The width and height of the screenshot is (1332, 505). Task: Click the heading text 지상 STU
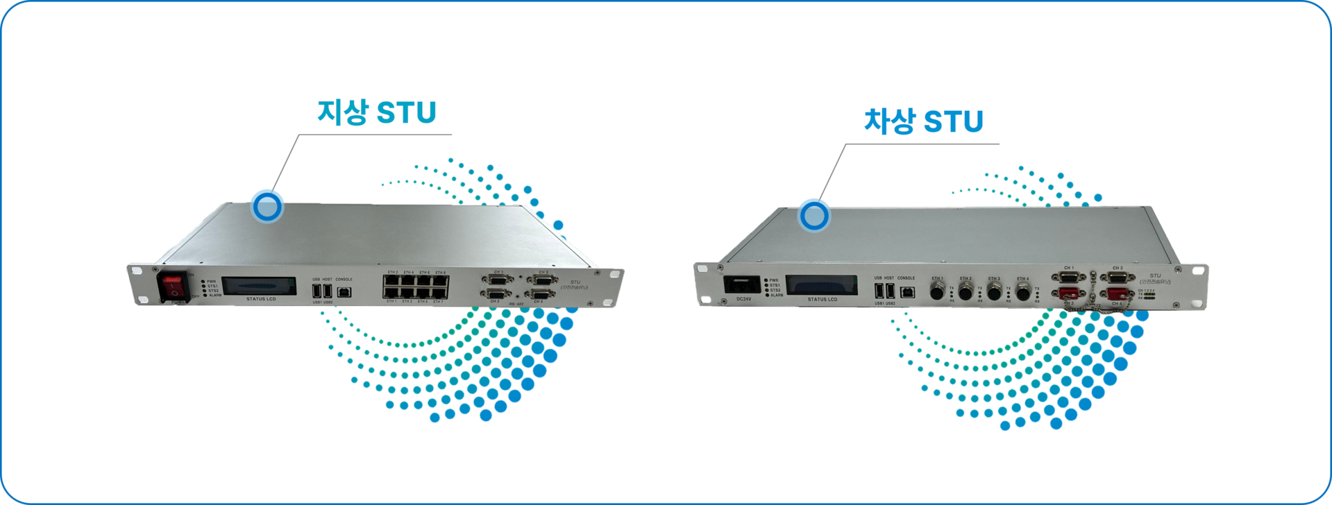(376, 112)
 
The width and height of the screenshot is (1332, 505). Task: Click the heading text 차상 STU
(923, 121)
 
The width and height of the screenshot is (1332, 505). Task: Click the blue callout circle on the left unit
(267, 206)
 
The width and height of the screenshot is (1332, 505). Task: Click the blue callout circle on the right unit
(813, 216)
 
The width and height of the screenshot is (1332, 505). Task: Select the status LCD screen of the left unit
(262, 286)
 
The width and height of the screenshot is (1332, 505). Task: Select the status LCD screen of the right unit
(823, 286)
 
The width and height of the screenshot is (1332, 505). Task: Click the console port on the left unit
(344, 292)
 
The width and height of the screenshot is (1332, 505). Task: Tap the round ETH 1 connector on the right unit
(937, 291)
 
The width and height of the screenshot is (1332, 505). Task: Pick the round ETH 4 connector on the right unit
(1022, 292)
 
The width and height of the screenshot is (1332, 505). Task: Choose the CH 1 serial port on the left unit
(497, 280)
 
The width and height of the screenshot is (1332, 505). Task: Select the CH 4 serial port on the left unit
(538, 295)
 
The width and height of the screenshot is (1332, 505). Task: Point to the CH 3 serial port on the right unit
(1118, 277)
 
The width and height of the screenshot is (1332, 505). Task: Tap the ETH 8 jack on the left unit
(440, 281)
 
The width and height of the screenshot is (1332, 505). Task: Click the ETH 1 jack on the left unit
(391, 293)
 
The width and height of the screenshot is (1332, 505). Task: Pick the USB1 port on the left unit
(317, 291)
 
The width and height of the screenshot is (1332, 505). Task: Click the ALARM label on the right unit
(777, 296)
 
